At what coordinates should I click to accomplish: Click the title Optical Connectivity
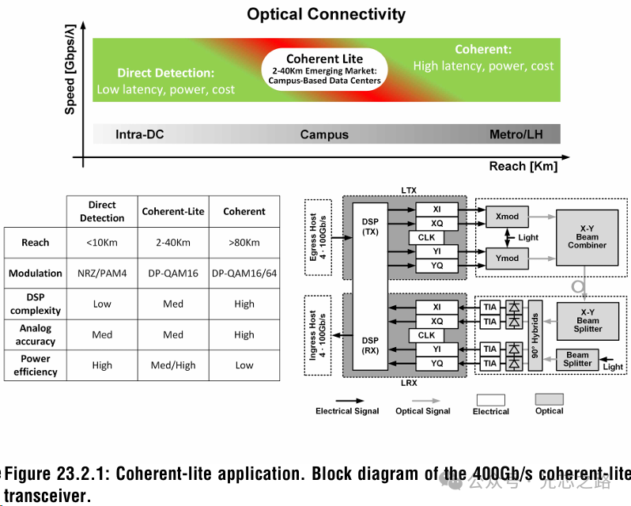326,14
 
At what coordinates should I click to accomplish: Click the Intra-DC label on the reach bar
140,134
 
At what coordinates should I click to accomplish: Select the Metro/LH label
522,134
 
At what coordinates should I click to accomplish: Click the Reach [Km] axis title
523,166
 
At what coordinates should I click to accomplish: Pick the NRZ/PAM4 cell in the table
102,274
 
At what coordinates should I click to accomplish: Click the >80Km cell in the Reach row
244,243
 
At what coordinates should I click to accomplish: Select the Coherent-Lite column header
173,212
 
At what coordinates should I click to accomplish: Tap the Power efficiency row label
35,365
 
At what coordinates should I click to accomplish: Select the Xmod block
507,217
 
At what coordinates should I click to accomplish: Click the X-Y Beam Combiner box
588,237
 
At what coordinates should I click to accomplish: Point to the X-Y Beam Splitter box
588,320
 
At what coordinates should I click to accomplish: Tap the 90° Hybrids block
535,335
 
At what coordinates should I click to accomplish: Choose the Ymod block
507,259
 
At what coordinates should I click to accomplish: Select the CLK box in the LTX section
426,237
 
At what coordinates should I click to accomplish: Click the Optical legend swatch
549,399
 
